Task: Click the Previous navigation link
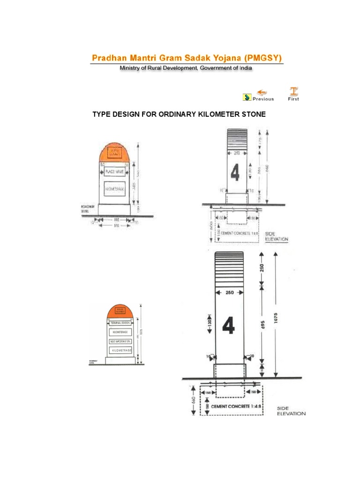point(263,99)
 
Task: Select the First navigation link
point(293,99)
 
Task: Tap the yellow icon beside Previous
point(247,97)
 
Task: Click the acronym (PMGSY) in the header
point(262,58)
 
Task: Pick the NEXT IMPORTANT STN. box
point(120,342)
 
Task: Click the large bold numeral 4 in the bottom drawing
point(228,325)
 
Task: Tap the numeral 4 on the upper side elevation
point(234,173)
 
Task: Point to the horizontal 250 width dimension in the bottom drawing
point(229,292)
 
